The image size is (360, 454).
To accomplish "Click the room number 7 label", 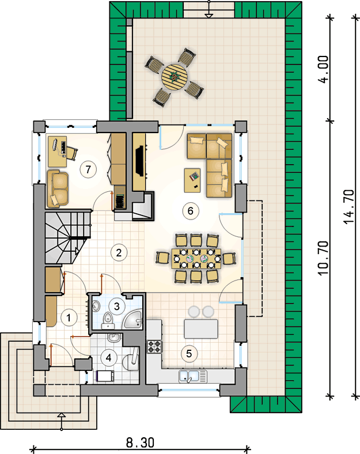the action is click(88, 169).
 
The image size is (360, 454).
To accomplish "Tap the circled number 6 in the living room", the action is click(190, 210).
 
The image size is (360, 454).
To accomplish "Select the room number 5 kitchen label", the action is click(189, 353).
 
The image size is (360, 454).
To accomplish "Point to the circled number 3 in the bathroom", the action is click(116, 306).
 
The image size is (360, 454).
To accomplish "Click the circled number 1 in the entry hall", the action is click(69, 317).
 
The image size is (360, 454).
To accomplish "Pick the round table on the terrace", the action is click(175, 77).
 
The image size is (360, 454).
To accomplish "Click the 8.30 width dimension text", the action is click(140, 442).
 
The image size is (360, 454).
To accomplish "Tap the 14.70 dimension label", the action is click(348, 206).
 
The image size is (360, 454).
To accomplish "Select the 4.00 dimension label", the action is click(324, 70).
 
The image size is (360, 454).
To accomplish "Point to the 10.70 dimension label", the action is click(324, 258).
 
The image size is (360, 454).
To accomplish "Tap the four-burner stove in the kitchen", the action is click(154, 347).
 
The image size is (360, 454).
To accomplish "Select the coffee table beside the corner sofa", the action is click(192, 180).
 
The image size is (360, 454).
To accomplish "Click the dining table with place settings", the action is click(196, 258).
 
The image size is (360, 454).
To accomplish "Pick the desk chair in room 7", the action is click(71, 153).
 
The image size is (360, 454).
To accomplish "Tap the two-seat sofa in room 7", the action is click(58, 189).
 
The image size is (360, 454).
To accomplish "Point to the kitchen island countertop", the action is click(201, 329).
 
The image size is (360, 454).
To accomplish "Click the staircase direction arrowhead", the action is click(77, 251).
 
